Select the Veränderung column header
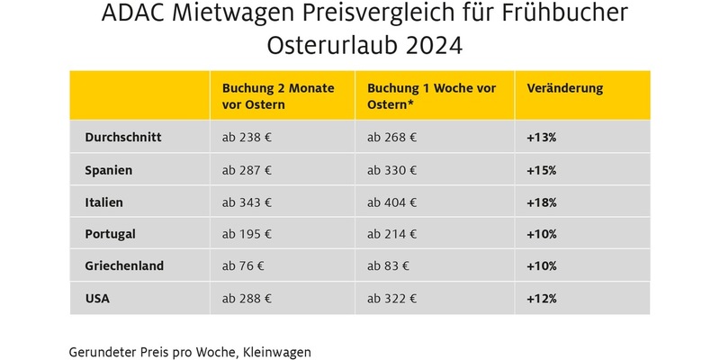click(x=564, y=89)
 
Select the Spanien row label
click(x=108, y=170)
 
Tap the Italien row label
click(x=103, y=202)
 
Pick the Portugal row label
click(x=110, y=234)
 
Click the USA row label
click(x=96, y=298)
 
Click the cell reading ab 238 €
click(x=247, y=139)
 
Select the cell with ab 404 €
click(x=391, y=202)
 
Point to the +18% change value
click(x=542, y=202)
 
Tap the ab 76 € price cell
click(x=243, y=266)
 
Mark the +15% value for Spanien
click(x=542, y=170)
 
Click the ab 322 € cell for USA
click(x=391, y=298)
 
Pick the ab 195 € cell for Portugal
click(x=247, y=234)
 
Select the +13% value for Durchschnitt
click(x=542, y=139)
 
